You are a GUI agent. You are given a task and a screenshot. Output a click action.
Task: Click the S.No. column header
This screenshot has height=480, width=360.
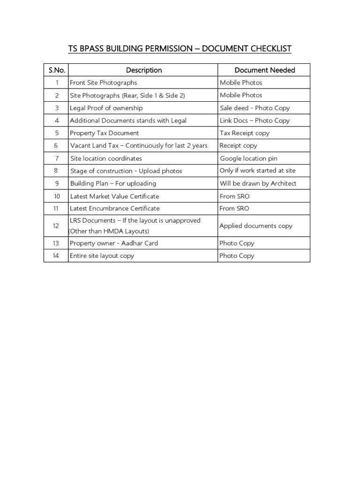point(56,70)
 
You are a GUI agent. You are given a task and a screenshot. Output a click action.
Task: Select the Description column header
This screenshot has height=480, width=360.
point(144,70)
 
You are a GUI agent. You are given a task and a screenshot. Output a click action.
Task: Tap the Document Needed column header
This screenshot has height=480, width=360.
point(264,70)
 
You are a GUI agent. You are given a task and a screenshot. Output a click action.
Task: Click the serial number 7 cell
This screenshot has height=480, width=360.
point(56,158)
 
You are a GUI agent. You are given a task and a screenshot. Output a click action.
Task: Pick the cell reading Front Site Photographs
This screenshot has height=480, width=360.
point(104,82)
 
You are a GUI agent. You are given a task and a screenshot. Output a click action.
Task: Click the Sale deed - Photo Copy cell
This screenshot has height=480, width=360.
point(255,108)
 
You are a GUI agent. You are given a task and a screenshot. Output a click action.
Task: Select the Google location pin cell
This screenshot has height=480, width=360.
point(248,158)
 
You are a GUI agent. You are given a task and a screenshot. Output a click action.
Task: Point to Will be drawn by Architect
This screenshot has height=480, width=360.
point(258,183)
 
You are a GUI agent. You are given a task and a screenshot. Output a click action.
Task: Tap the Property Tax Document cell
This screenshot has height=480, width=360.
point(105,133)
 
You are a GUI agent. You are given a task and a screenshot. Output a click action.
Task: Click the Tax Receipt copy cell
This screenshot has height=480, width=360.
point(244,133)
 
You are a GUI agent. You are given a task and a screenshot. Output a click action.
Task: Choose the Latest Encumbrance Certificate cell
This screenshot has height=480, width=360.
point(115,209)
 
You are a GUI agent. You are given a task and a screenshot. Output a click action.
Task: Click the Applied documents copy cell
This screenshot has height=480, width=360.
point(255,226)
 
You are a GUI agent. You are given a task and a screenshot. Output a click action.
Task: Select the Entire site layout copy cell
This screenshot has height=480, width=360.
point(102,256)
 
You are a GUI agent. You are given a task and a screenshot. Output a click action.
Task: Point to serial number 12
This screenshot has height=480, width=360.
point(56,226)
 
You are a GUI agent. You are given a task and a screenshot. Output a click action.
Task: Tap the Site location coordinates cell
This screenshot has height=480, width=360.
point(106,158)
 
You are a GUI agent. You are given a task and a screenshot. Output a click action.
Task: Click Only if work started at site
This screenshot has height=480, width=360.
point(257,171)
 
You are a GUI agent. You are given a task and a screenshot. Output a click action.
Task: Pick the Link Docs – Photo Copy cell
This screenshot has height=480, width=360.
point(255,120)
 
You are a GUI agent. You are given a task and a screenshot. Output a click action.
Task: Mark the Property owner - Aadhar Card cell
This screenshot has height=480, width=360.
point(114,243)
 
